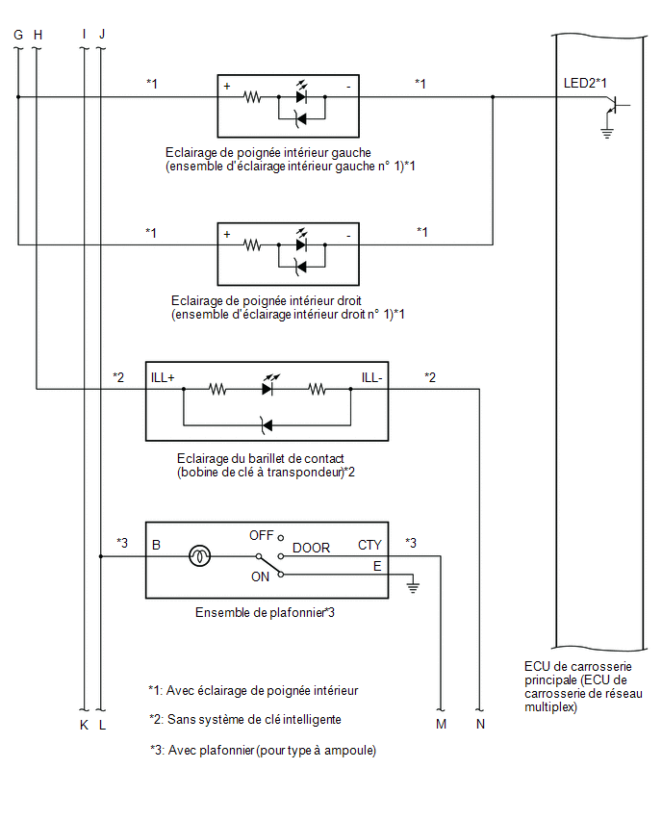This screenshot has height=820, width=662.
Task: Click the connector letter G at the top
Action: tap(18, 35)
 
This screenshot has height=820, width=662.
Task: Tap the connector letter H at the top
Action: tap(38, 35)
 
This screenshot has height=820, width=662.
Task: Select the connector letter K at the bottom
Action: tap(84, 725)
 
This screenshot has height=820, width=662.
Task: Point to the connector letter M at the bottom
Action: tap(442, 725)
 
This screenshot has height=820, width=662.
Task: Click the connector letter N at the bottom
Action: tap(480, 725)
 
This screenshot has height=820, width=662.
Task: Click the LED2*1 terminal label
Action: tap(585, 83)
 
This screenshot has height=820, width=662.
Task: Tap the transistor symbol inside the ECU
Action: tap(615, 106)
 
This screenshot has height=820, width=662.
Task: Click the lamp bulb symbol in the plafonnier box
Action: tap(199, 556)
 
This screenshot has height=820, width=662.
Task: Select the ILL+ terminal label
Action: tap(163, 377)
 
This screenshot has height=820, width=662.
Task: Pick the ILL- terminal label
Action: tap(371, 377)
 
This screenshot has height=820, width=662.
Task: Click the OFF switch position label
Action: tap(262, 535)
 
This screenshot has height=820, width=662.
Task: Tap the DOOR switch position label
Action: tap(311, 548)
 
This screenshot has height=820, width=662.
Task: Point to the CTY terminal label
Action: tap(369, 545)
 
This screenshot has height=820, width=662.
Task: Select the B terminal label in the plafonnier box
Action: tap(156, 545)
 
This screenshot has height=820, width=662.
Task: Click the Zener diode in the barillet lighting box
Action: tap(267, 425)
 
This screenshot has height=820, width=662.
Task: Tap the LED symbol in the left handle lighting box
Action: tap(301, 93)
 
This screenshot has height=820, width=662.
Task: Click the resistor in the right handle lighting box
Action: tap(252, 244)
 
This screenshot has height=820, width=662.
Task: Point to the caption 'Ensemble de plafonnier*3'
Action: tap(266, 612)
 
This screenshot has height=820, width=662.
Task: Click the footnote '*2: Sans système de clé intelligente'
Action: tap(245, 720)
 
